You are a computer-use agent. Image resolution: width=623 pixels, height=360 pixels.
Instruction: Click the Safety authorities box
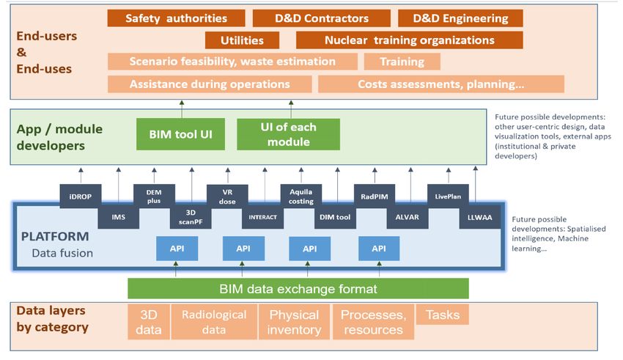[176, 18]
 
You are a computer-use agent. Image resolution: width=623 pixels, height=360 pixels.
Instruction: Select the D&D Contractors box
[322, 18]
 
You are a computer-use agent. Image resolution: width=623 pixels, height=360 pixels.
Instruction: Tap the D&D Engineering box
[460, 18]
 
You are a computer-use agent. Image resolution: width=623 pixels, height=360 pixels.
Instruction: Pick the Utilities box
[242, 40]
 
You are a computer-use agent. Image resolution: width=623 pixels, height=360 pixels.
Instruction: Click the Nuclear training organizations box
[409, 40]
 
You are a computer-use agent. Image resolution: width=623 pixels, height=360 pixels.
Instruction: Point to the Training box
[402, 62]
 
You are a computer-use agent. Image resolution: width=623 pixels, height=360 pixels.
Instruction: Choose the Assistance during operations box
[210, 84]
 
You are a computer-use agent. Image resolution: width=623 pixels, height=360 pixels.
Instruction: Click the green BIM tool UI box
[180, 134]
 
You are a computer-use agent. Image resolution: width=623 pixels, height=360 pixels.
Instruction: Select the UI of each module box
[289, 134]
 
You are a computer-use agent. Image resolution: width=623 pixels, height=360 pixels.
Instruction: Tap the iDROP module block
[81, 196]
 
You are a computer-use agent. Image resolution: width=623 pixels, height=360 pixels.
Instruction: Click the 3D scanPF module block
[191, 217]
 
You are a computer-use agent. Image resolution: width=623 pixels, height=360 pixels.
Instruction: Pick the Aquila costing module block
[301, 196]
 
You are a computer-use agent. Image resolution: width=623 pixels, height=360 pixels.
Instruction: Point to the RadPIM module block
[375, 196]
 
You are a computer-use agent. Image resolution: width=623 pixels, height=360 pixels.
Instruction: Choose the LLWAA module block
[479, 217]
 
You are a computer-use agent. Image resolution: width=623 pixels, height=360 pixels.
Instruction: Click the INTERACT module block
[262, 217]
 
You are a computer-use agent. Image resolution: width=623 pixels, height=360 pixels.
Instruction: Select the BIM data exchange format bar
[298, 288]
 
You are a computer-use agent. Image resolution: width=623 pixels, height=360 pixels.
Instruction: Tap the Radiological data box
[214, 322]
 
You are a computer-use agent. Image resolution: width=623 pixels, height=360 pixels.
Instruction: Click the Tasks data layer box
[443, 315]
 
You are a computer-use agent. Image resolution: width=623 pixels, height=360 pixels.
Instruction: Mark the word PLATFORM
[55, 236]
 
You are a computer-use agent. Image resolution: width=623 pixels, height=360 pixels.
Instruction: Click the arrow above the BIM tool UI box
[182, 109]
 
